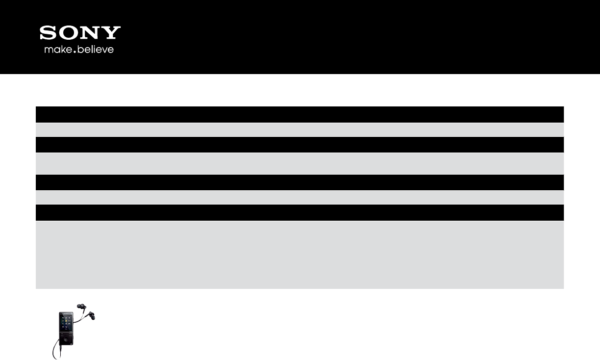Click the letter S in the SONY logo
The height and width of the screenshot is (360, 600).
48,33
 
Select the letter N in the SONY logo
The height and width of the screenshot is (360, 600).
90,33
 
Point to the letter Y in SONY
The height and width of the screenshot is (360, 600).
111,33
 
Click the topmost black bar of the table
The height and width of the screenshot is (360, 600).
300,114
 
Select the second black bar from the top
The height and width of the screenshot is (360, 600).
300,145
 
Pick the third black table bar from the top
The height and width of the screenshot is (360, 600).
300,182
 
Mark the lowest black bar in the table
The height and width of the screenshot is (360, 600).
300,212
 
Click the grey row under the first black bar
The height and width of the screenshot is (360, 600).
300,129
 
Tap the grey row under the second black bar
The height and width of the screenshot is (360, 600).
300,163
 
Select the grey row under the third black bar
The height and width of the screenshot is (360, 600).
300,197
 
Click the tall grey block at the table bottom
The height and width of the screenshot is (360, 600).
300,254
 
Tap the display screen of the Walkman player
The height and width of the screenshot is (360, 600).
66,323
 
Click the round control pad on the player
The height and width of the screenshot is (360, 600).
66,339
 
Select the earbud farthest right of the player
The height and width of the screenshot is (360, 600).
92,315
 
